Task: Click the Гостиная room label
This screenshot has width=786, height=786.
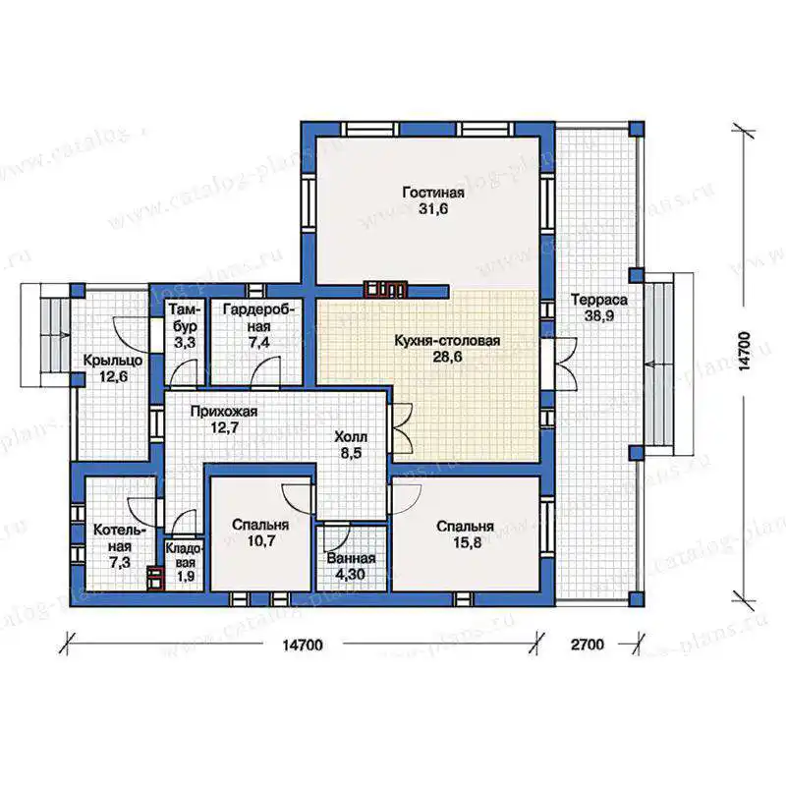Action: (x=433, y=193)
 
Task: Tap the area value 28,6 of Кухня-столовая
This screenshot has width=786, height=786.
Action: (x=447, y=357)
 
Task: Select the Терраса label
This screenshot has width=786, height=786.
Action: (x=599, y=300)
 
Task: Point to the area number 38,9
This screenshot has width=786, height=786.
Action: (x=599, y=315)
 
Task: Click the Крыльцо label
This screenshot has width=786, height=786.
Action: (x=113, y=361)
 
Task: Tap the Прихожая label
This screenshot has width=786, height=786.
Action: (x=224, y=412)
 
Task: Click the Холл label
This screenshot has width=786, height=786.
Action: (x=351, y=436)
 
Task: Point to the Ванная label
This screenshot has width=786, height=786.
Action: (x=351, y=558)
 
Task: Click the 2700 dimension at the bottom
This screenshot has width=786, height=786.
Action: (x=588, y=645)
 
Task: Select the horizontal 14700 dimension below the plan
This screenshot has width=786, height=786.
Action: (x=303, y=645)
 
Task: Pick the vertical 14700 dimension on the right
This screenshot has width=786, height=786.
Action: (x=745, y=351)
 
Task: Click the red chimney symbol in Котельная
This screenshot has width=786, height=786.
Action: (x=155, y=578)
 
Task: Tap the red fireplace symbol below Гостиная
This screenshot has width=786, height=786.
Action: (x=385, y=289)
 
